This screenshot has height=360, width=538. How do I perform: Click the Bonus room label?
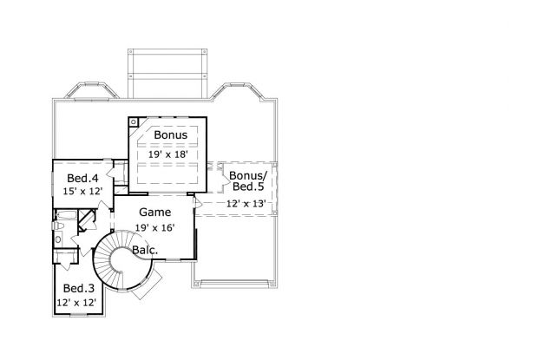click(170, 136)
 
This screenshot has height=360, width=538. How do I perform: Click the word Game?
click(154, 212)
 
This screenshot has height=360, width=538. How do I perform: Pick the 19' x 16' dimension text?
click(154, 227)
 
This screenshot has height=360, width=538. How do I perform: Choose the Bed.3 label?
click(78, 289)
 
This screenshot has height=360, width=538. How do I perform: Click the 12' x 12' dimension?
click(78, 303)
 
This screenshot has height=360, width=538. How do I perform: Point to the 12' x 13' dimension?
click(246, 203)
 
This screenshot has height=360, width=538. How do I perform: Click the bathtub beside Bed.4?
click(65, 214)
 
